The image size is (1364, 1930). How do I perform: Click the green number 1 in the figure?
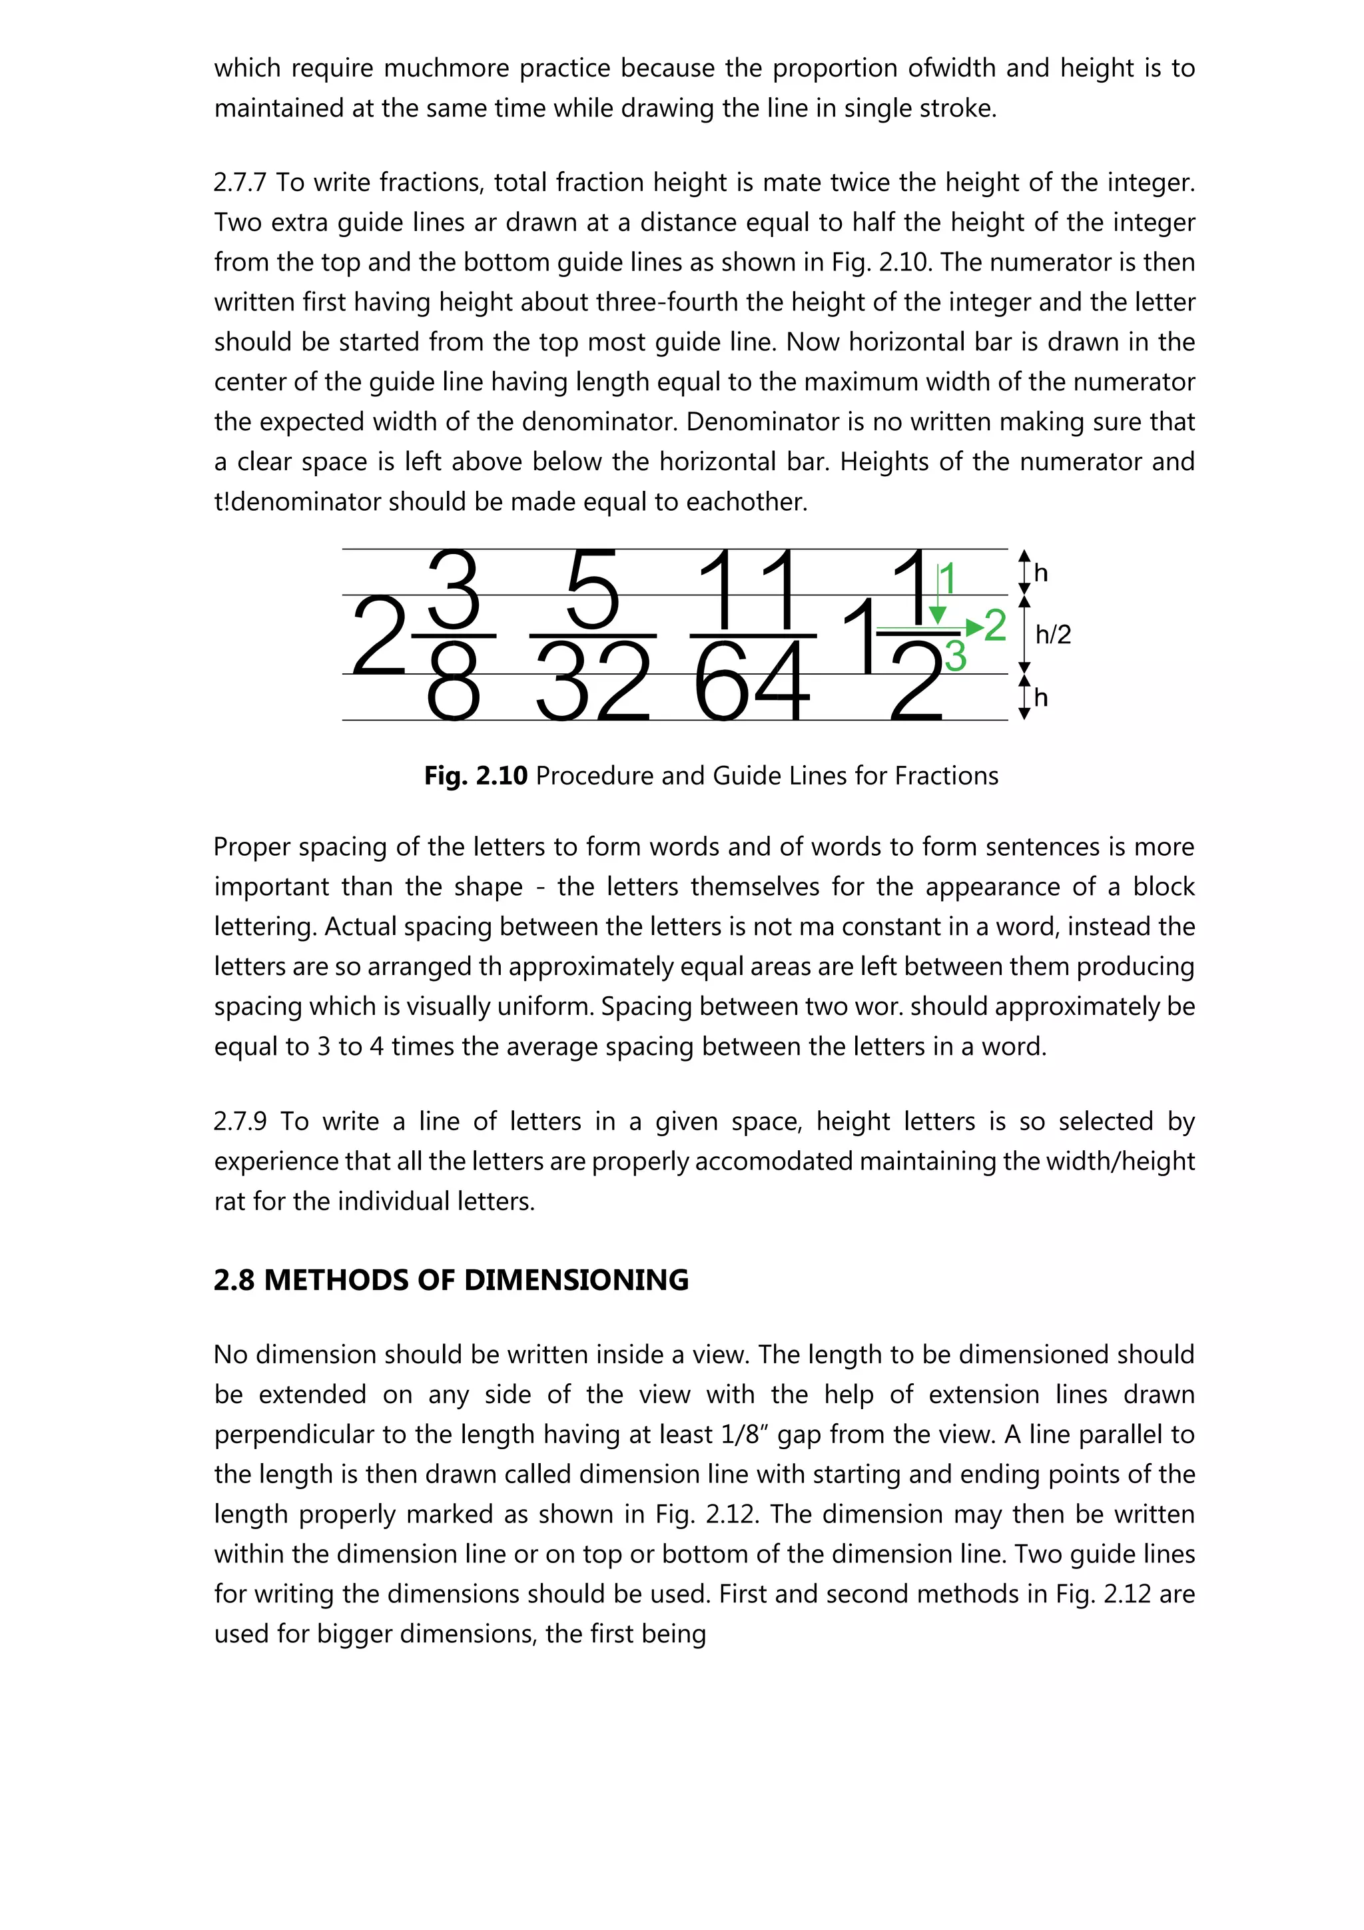(x=948, y=580)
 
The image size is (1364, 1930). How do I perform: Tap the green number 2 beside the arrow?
(x=995, y=625)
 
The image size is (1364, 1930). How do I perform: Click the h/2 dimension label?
(x=1053, y=635)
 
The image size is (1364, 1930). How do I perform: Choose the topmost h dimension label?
(x=1041, y=573)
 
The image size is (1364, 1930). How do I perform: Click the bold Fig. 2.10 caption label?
(x=476, y=775)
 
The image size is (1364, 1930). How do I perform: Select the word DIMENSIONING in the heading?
(x=577, y=1280)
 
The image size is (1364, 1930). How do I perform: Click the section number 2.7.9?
(x=240, y=1122)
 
